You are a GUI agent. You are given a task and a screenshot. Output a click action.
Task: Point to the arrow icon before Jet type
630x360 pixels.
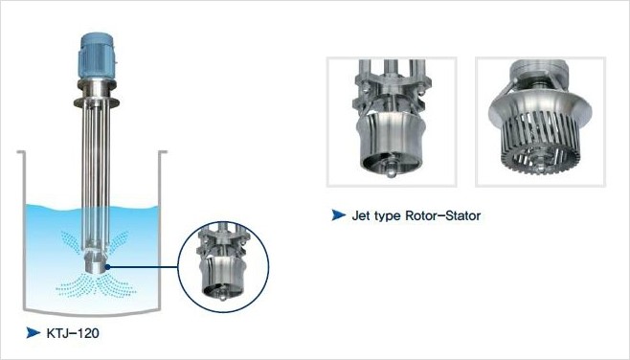pos(338,216)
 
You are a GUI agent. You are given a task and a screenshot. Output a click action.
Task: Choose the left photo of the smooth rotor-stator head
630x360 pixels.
pos(392,122)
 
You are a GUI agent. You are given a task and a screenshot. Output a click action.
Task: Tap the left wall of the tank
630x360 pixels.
pos(21,230)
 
